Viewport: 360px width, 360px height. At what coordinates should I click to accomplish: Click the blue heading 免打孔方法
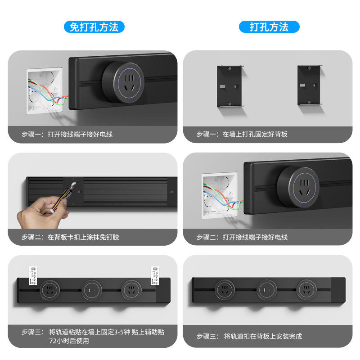(94, 27)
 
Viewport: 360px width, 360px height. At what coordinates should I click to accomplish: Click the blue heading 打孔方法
(269, 27)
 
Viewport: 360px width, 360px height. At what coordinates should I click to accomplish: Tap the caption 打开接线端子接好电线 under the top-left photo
(80, 134)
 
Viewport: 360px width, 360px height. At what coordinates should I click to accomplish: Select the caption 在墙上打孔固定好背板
(255, 134)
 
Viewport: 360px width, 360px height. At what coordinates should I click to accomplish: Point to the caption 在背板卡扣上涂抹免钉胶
(83, 237)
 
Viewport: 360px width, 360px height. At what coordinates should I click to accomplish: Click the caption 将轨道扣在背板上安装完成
(263, 336)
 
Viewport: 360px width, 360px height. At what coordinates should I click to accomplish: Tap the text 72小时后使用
(69, 341)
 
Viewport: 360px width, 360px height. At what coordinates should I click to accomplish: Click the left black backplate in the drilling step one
(230, 86)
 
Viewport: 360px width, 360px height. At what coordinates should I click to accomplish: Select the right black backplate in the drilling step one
(310, 85)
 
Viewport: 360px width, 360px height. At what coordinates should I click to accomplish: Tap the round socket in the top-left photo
(123, 82)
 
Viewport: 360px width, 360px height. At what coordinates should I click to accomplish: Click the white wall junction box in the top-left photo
(45, 91)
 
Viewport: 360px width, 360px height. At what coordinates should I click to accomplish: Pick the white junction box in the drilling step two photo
(220, 196)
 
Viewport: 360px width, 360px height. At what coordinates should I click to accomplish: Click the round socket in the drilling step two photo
(298, 187)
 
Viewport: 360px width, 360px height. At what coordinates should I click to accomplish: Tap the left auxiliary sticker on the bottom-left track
(33, 276)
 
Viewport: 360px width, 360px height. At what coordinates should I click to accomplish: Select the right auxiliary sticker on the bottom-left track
(155, 276)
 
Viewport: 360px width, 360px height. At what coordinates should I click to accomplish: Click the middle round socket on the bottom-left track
(92, 290)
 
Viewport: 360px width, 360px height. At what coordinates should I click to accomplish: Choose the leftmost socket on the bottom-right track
(225, 290)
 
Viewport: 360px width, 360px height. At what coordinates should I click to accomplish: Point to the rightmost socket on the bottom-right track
(306, 290)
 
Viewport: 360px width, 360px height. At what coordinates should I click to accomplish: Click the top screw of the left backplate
(229, 68)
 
